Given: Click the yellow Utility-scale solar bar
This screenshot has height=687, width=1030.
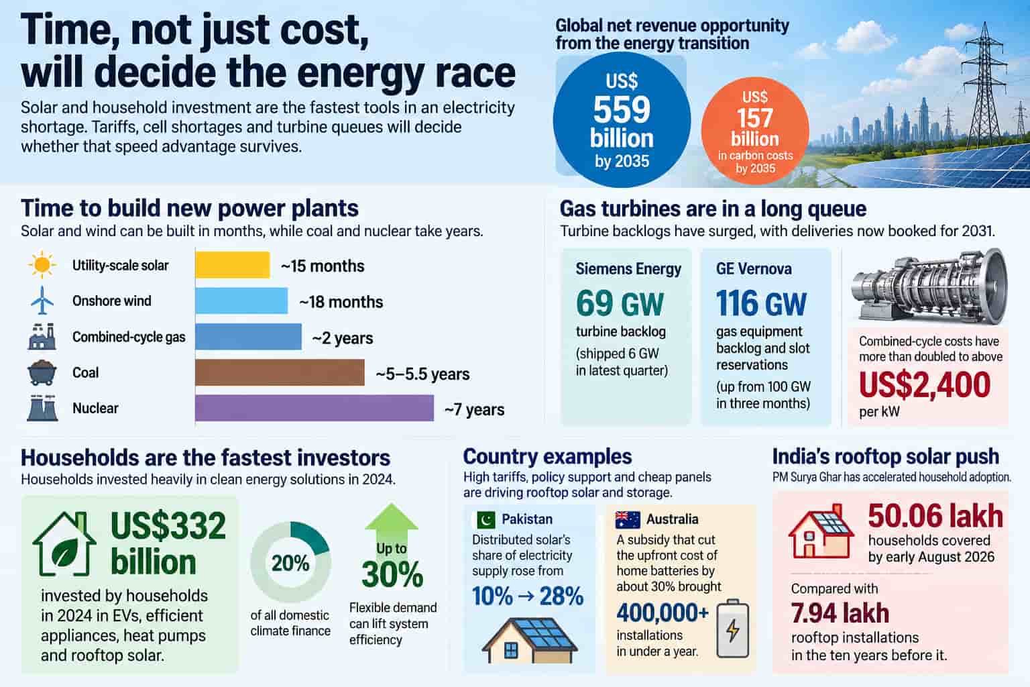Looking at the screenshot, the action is pyautogui.click(x=232, y=264).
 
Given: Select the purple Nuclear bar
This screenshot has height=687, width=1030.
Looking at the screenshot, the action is pyautogui.click(x=314, y=408).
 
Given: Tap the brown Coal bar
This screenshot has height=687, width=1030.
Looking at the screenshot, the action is pyautogui.click(x=280, y=372).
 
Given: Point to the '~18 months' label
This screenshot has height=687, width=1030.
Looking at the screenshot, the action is pyautogui.click(x=341, y=302).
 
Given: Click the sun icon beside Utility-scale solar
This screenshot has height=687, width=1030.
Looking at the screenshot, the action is pyautogui.click(x=42, y=264).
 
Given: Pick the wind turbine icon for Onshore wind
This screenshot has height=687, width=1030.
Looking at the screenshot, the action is pyautogui.click(x=42, y=300).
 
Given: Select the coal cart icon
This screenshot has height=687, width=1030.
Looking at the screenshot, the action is pyautogui.click(x=42, y=372).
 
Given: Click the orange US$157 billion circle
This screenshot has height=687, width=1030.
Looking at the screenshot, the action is pyautogui.click(x=754, y=131).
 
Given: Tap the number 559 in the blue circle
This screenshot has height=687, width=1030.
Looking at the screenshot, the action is pyautogui.click(x=622, y=109).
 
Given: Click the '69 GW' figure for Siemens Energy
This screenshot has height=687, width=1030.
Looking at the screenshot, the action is pyautogui.click(x=620, y=303).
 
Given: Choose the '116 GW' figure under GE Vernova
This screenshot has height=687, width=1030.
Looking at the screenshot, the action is pyautogui.click(x=761, y=303).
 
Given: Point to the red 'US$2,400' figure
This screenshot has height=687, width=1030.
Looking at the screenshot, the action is pyautogui.click(x=924, y=384).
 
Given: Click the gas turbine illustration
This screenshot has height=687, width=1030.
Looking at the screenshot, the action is pyautogui.click(x=929, y=285).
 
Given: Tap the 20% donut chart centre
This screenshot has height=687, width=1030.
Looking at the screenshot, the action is pyautogui.click(x=290, y=562).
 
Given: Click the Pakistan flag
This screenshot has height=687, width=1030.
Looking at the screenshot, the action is pyautogui.click(x=486, y=519).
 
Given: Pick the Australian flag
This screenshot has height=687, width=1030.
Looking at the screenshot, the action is pyautogui.click(x=628, y=519).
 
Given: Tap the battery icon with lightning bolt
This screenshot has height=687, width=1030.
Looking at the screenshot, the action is pyautogui.click(x=733, y=629).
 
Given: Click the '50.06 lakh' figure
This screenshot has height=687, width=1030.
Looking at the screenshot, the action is pyautogui.click(x=935, y=516).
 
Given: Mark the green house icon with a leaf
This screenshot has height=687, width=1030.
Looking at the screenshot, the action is pyautogui.click(x=64, y=544).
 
